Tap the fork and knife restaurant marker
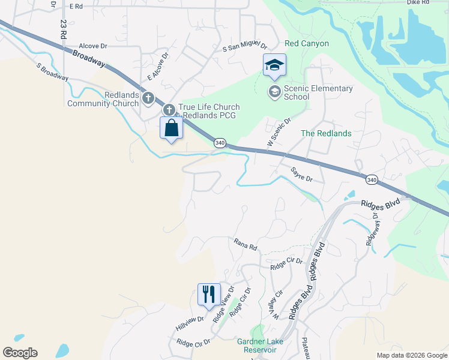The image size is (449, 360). coord(209,295)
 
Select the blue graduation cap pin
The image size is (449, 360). coord(274,66)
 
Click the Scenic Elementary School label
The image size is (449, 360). coord(318,93)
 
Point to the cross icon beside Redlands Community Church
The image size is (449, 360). coord(148,98)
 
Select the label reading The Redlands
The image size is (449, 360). coord(326,133)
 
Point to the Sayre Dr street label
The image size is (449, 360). coord(302,175)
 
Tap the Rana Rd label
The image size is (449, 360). coord(245,244)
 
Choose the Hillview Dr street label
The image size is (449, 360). coord(190,322)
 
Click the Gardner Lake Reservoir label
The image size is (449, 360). coord(260,346)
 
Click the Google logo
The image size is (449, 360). coord(20,353)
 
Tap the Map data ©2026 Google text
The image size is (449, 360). coord(411,355)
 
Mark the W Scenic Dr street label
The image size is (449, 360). coord(279,133)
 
